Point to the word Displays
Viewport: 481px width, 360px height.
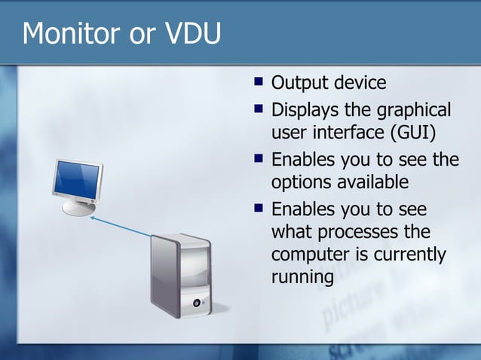coord(307,111)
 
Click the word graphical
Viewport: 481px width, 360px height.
coord(412,111)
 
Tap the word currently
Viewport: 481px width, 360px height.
coord(410,255)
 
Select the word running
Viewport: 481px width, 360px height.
coord(302,278)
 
